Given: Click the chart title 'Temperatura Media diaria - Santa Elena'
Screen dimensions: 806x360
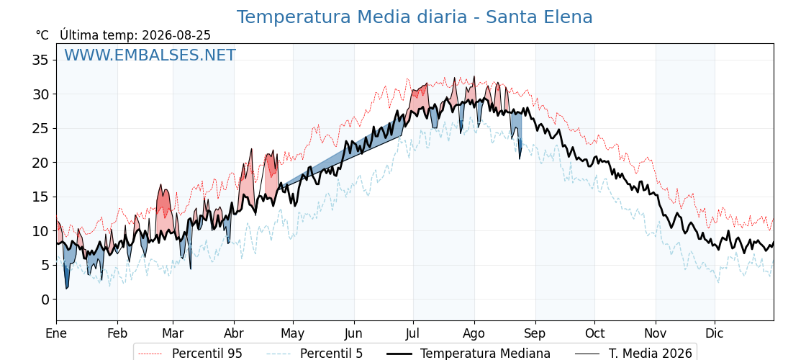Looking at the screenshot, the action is point(415,17).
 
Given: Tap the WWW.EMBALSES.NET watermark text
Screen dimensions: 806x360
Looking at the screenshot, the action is point(150,55).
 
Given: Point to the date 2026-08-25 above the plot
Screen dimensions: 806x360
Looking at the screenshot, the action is point(176,35).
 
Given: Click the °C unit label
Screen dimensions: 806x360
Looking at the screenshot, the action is point(42,35).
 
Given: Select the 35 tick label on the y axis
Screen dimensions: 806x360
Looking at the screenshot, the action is point(41,60).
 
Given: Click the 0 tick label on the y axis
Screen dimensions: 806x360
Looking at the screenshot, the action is point(45,300).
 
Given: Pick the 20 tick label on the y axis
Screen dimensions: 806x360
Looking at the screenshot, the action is point(41,163).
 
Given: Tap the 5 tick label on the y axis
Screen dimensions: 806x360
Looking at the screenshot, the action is point(45,266).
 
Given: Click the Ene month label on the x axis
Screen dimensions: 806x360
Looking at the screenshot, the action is point(56,333).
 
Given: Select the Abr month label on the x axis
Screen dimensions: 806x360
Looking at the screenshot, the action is point(234,333).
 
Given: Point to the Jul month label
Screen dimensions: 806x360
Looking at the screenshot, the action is point(413,333).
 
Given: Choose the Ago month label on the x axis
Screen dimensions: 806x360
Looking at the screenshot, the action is point(474,333).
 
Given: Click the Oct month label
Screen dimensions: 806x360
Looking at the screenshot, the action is point(594,333).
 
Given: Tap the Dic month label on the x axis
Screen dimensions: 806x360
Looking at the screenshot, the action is point(715,333).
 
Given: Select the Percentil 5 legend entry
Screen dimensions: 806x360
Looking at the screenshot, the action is point(315,354).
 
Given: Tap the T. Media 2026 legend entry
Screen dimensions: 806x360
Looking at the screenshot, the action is point(633,354).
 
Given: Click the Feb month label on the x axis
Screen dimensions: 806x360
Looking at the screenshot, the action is point(117,333).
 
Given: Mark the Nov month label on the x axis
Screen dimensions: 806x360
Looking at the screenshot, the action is point(656,333).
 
